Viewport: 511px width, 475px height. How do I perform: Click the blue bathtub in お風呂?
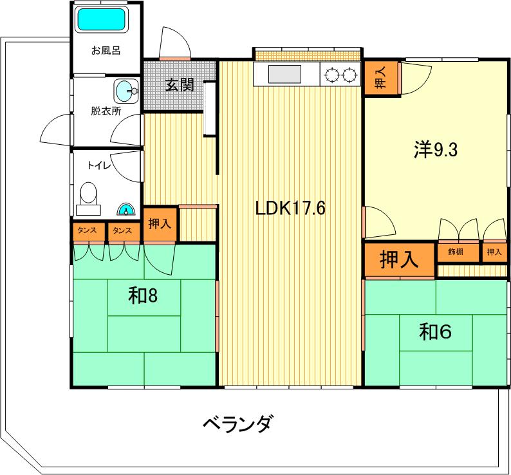pos(101,19)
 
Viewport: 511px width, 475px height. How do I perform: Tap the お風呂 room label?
pos(106,51)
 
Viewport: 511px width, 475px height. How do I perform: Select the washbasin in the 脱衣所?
pos(126,91)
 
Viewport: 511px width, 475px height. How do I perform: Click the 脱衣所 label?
pos(106,111)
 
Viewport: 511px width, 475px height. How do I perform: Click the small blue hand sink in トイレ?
pos(125,210)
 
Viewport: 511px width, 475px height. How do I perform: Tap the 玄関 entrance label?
pos(180,85)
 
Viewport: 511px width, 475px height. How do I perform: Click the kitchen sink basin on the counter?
pos(284,74)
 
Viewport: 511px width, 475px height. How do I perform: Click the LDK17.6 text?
pos(290,208)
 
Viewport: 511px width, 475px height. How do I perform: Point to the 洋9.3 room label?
pos(436,150)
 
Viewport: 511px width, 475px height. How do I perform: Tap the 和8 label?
pos(143,296)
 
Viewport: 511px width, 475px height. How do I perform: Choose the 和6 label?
pos(435,331)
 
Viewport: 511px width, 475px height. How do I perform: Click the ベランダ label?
pos(237,424)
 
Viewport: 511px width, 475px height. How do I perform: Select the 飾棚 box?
pos(458,252)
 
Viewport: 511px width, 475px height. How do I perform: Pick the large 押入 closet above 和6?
pos(399,260)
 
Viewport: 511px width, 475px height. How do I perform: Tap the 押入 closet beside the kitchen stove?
pos(380,78)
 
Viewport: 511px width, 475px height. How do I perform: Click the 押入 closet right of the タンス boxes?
pos(160,224)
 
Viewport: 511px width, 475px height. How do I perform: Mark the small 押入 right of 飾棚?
pos(494,252)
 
